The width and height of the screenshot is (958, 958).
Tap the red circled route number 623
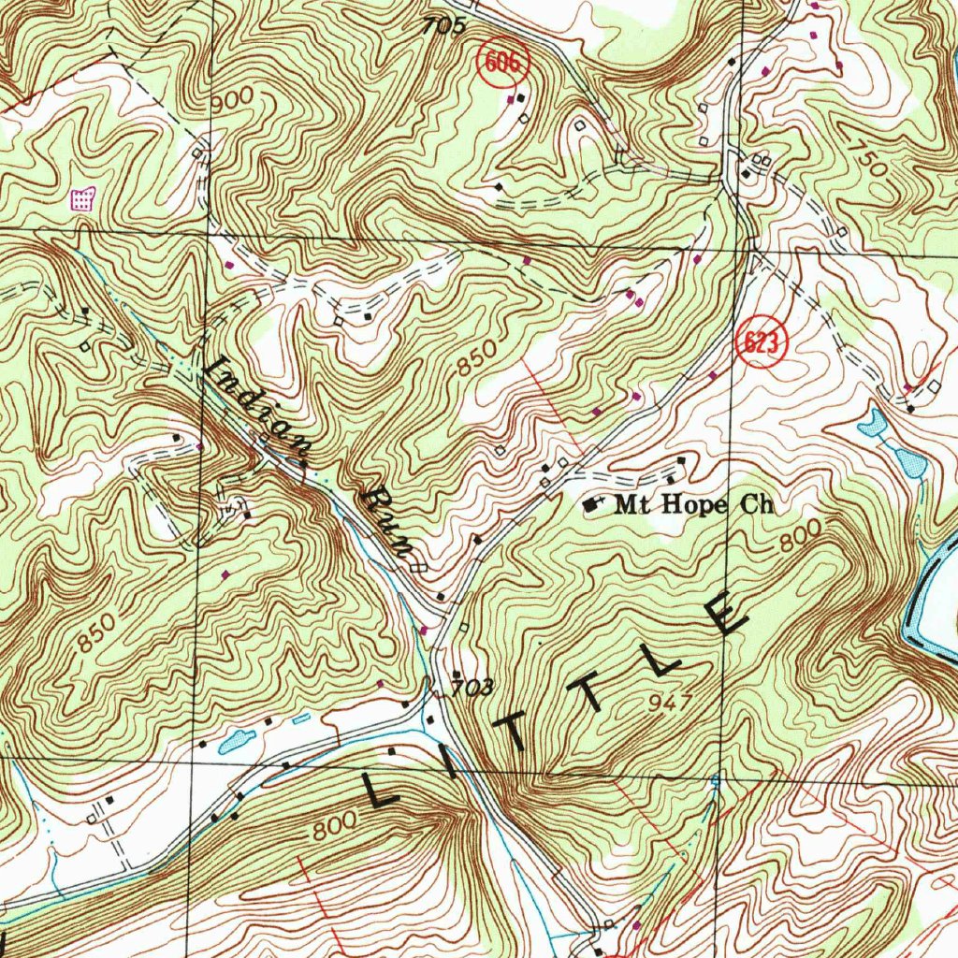pyautogui.click(x=762, y=343)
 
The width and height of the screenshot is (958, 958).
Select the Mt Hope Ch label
pyautogui.click(x=694, y=505)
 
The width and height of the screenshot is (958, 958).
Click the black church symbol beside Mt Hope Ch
pyautogui.click(x=589, y=504)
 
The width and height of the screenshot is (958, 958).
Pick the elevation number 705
pyautogui.click(x=443, y=27)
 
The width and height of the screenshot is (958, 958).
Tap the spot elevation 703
pyautogui.click(x=472, y=689)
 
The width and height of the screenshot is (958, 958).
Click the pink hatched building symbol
pyautogui.click(x=84, y=198)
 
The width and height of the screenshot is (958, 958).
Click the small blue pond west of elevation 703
pyautogui.click(x=237, y=742)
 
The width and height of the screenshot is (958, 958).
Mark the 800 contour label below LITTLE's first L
pyautogui.click(x=334, y=828)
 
